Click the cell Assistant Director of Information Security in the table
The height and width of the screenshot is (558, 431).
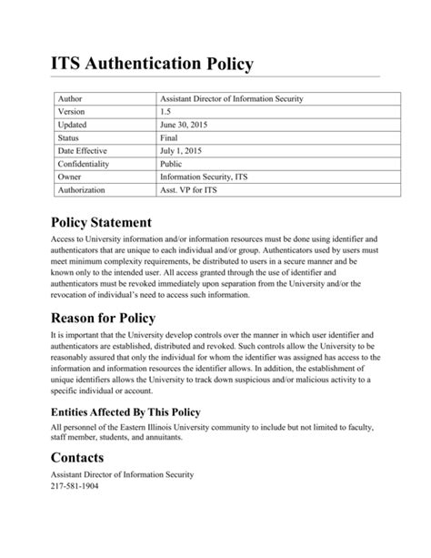tap(231, 97)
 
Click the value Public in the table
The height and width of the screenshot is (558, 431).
tap(171, 164)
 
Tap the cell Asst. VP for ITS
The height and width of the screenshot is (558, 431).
tap(188, 190)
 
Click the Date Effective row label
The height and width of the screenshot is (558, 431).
tap(82, 151)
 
